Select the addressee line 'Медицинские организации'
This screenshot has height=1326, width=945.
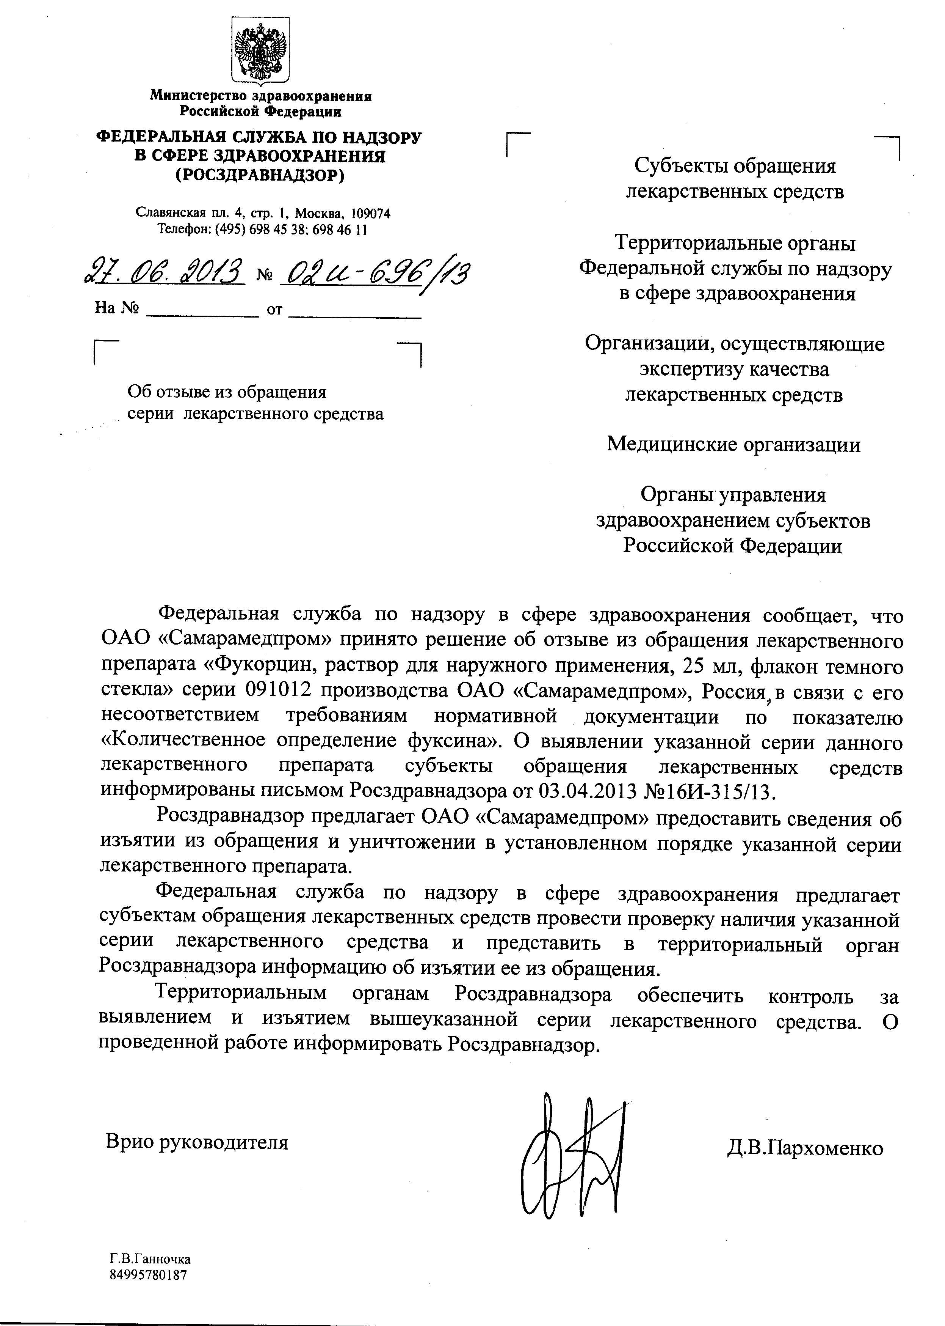tap(733, 444)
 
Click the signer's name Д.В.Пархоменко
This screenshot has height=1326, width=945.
tap(805, 1148)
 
